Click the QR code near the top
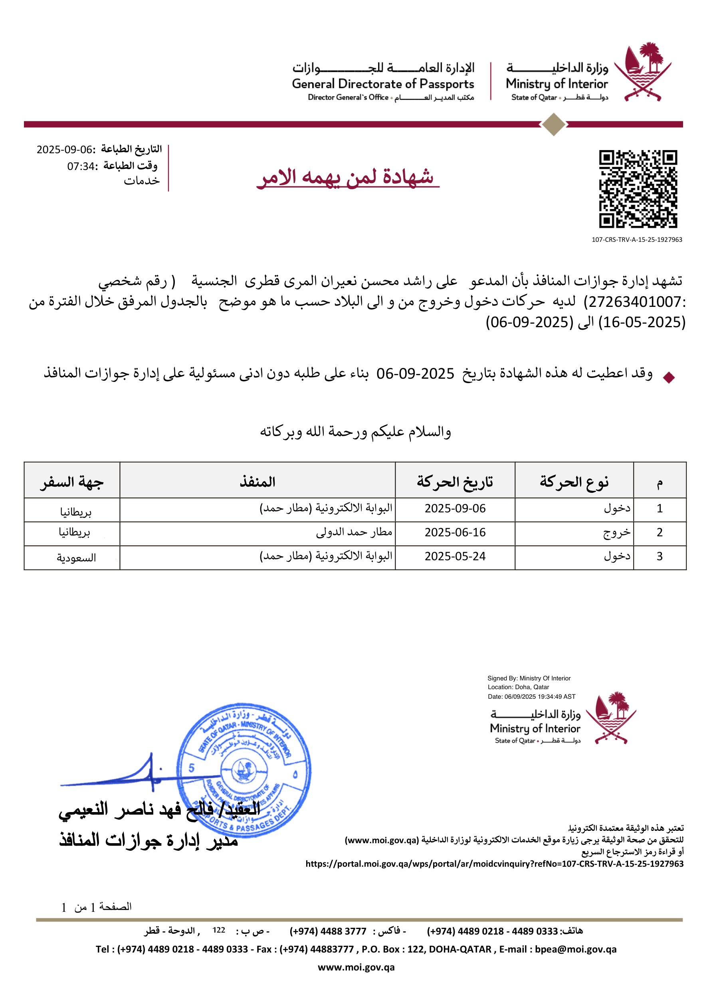tap(638, 189)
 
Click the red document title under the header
tap(347, 177)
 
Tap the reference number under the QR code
tap(637, 240)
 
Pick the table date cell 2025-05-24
tap(455, 556)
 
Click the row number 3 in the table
tap(659, 556)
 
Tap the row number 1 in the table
tap(659, 508)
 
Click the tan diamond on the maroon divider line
tap(554, 124)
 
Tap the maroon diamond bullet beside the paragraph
tap(669, 377)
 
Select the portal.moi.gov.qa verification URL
tap(494, 864)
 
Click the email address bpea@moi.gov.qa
tap(576, 949)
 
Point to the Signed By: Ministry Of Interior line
tap(529, 678)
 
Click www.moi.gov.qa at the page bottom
tap(356, 967)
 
